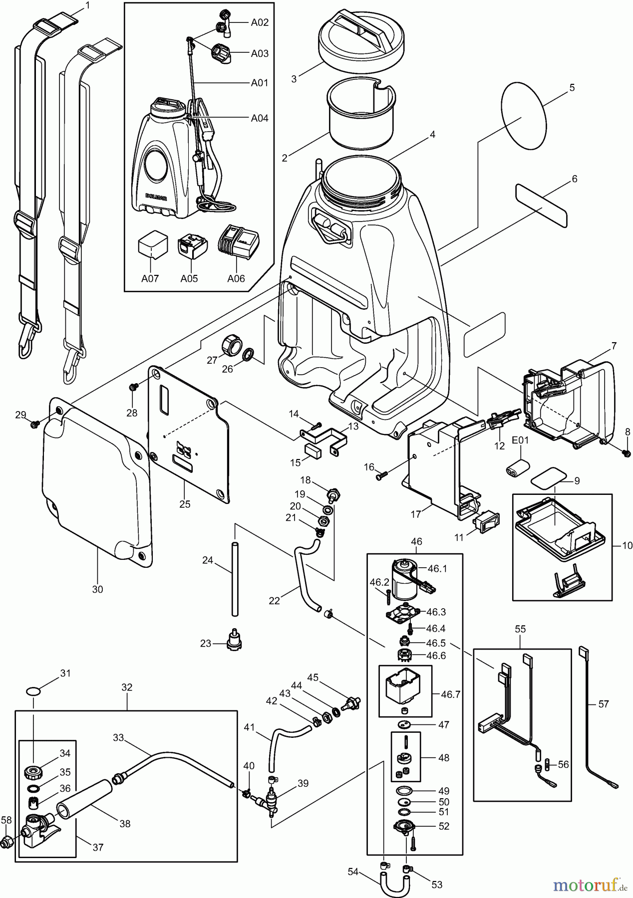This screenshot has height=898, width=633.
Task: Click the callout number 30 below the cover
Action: pyautogui.click(x=97, y=589)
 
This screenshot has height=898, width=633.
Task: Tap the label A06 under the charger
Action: pyautogui.click(x=236, y=278)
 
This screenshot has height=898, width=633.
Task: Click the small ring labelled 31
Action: pyautogui.click(x=33, y=691)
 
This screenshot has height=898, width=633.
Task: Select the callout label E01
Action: pyautogui.click(x=520, y=441)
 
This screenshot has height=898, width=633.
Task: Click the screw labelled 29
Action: pyautogui.click(x=35, y=424)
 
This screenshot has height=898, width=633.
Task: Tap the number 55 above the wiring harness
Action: pyautogui.click(x=520, y=629)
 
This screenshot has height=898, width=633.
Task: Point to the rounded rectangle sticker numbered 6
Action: pyautogui.click(x=541, y=204)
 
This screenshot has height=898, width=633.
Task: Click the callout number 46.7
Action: pyautogui.click(x=450, y=693)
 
